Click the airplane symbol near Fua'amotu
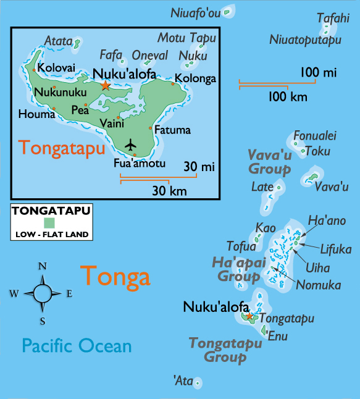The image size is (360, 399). [130, 144]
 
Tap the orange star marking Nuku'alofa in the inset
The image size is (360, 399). [106, 85]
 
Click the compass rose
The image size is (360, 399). [43, 293]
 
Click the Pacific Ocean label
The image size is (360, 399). [77, 345]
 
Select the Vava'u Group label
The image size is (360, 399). [270, 161]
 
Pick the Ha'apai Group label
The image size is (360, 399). [239, 270]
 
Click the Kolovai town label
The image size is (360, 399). [57, 67]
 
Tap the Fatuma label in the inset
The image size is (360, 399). [172, 130]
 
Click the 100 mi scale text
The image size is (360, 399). [318, 73]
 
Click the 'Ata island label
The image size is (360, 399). [184, 381]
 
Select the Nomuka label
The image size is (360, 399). [318, 285]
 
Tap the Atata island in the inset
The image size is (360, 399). [77, 44]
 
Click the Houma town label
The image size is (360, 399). [33, 114]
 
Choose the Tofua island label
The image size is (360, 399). [241, 246]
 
